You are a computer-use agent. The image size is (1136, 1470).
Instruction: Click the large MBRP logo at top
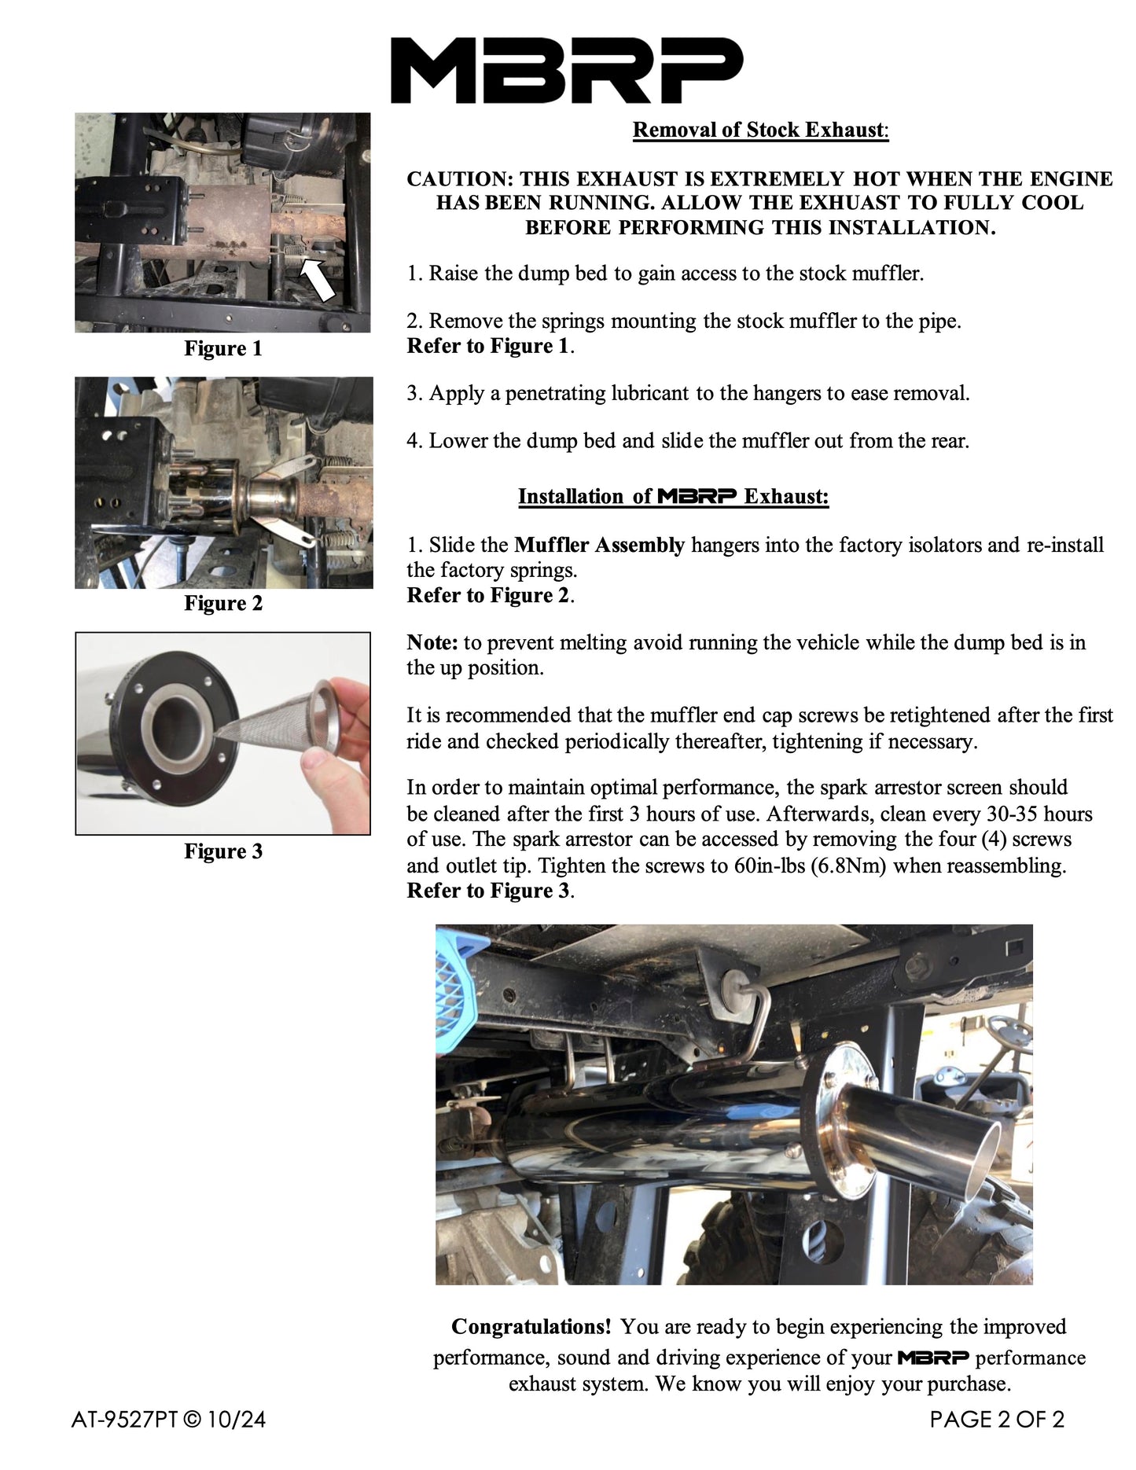click(x=567, y=70)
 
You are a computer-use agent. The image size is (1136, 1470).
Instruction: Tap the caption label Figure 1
click(x=223, y=348)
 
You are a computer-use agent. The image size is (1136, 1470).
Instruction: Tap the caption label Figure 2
click(x=223, y=603)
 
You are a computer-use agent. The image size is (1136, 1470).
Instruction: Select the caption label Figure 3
click(x=223, y=851)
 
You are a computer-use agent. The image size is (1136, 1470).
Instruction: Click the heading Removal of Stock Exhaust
click(x=759, y=130)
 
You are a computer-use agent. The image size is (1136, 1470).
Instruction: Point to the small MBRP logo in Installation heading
click(x=697, y=497)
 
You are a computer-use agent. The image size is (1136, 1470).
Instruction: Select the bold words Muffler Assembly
click(x=599, y=545)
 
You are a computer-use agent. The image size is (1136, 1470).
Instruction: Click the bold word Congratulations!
click(x=531, y=1327)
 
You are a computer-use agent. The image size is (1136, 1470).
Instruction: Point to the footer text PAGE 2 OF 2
click(x=996, y=1420)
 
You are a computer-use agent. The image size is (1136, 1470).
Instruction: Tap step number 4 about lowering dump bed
click(x=414, y=441)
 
